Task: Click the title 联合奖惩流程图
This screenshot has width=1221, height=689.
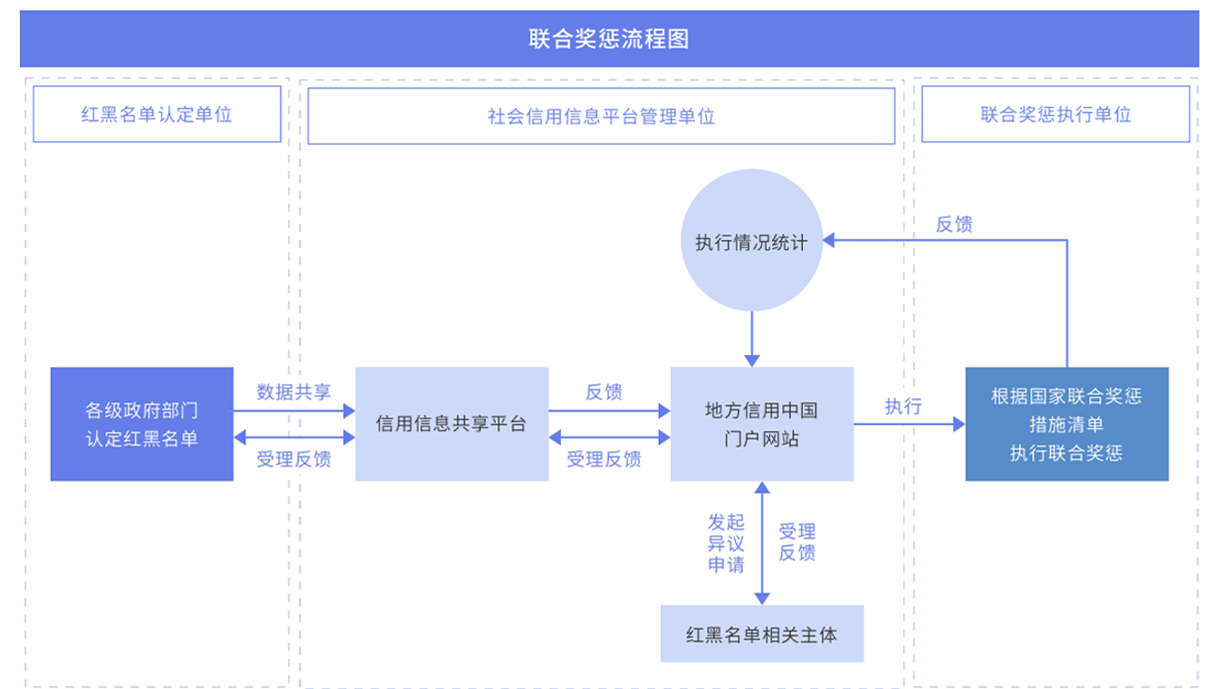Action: (x=609, y=39)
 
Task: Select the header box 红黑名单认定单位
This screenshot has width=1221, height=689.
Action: (x=157, y=115)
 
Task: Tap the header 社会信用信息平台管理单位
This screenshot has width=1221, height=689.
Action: (x=601, y=116)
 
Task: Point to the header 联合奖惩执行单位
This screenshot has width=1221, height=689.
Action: (x=1055, y=114)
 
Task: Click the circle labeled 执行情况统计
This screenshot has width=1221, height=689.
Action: (x=751, y=242)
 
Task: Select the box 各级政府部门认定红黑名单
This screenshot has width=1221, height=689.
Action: (x=142, y=424)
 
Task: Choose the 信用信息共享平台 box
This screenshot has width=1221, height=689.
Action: (x=452, y=424)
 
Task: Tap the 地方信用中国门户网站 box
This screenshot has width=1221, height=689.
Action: (x=761, y=424)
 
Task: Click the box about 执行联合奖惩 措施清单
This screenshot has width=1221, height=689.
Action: (x=1066, y=424)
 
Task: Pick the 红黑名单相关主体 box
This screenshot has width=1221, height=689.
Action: (x=761, y=634)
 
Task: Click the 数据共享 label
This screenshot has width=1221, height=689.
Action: (x=293, y=392)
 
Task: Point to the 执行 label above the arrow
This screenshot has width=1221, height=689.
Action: (x=903, y=406)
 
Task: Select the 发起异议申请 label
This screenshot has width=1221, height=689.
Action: (x=726, y=543)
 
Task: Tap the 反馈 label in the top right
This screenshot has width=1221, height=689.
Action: (x=954, y=225)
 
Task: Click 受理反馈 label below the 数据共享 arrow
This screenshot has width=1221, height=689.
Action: (x=293, y=459)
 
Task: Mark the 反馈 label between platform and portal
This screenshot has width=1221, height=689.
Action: (x=604, y=392)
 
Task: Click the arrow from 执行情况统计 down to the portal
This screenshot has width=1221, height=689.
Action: (x=751, y=337)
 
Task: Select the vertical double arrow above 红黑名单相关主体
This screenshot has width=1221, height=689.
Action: (x=762, y=543)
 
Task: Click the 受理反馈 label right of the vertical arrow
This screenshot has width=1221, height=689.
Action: (x=797, y=542)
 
